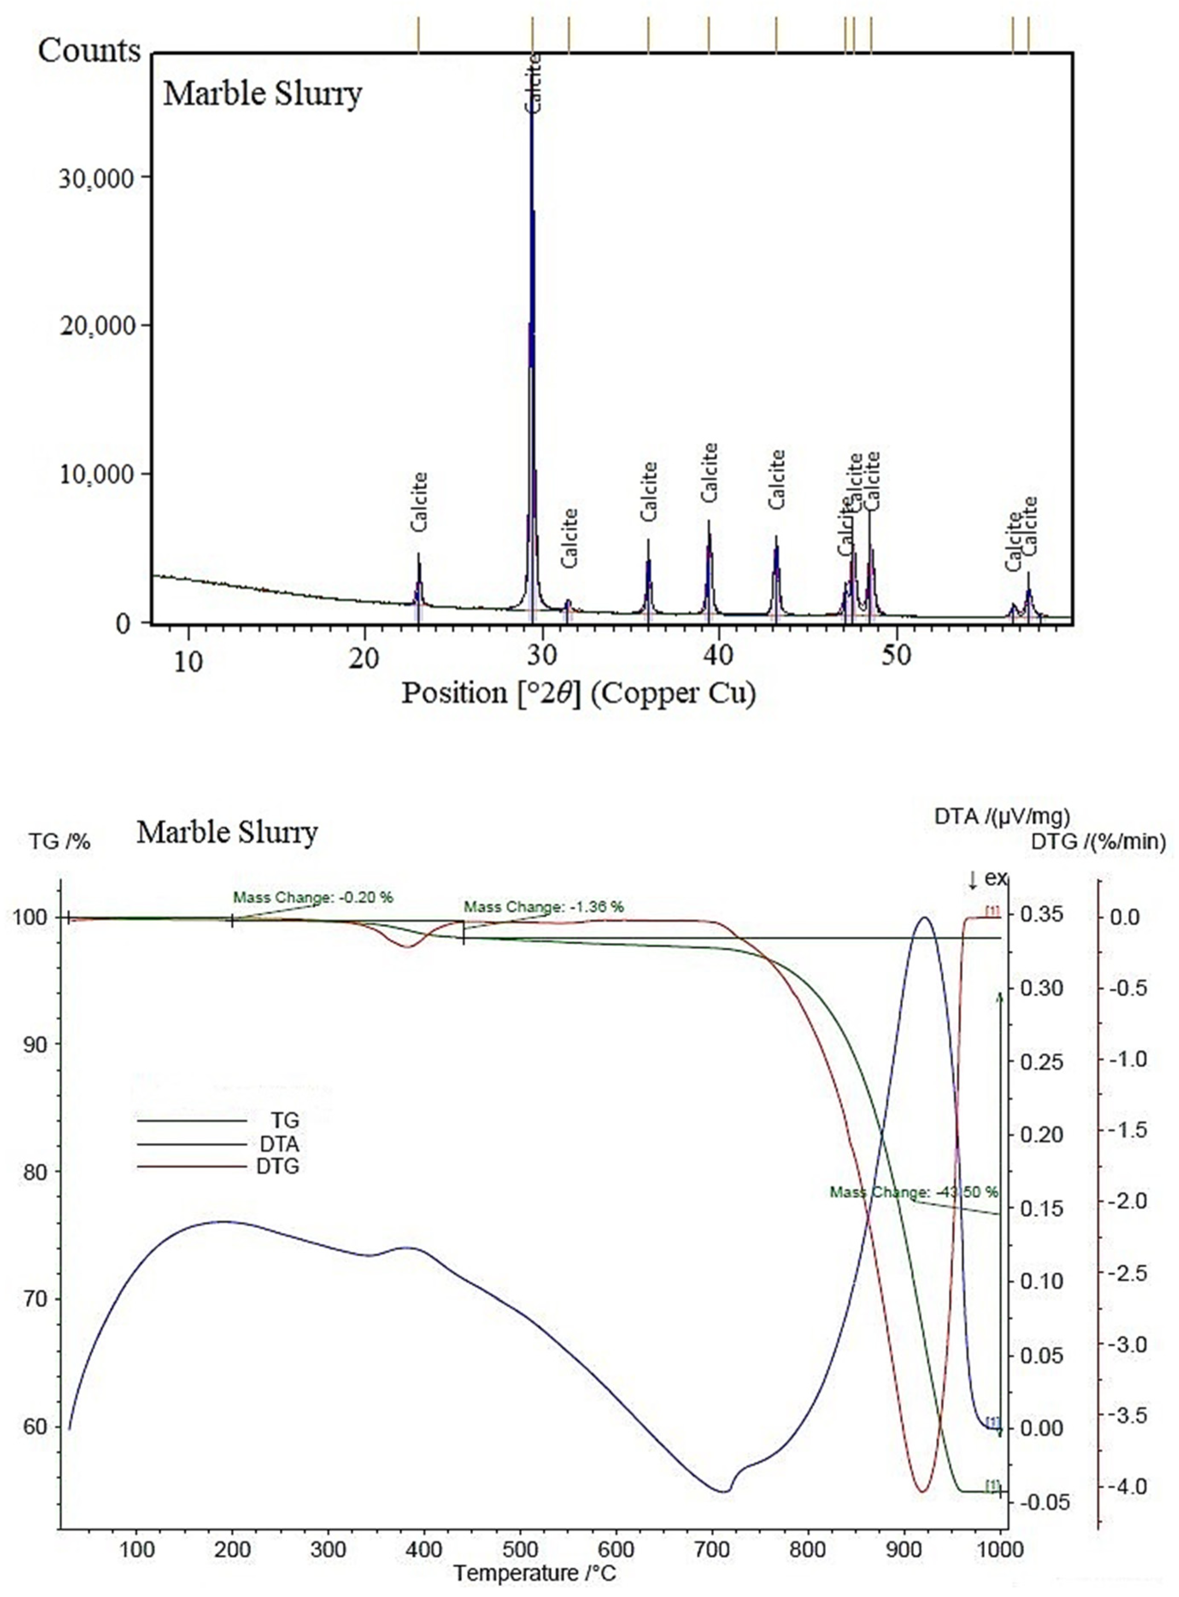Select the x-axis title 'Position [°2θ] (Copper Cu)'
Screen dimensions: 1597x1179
point(578,693)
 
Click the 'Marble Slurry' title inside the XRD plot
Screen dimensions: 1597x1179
point(263,94)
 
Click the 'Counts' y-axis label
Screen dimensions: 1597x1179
point(89,51)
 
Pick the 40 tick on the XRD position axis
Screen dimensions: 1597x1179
point(718,658)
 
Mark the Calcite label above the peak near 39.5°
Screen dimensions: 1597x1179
point(709,472)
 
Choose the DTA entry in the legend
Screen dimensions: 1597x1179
point(279,1144)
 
